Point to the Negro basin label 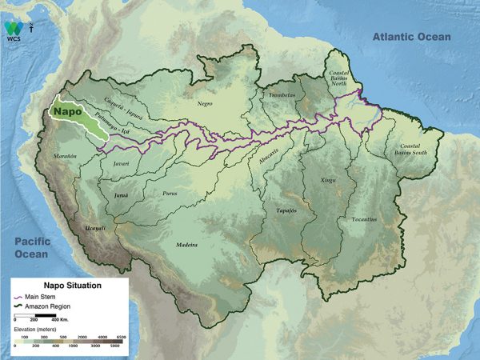206,104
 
